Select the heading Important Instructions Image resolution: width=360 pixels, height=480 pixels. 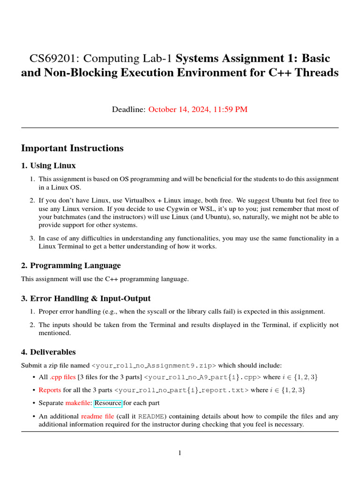[72, 148]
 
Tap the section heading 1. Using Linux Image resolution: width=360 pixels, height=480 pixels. [48, 165]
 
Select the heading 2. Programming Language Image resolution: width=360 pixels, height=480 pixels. [71, 265]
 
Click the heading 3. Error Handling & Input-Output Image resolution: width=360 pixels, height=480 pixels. [86, 298]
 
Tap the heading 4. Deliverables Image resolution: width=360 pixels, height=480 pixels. [48, 352]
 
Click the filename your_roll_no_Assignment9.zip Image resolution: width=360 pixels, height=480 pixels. [154, 365]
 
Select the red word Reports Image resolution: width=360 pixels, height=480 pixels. [50, 390]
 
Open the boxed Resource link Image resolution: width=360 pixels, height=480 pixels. [108, 403]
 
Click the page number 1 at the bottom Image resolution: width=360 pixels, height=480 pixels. [180, 453]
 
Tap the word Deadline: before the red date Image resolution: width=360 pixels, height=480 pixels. [129, 110]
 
